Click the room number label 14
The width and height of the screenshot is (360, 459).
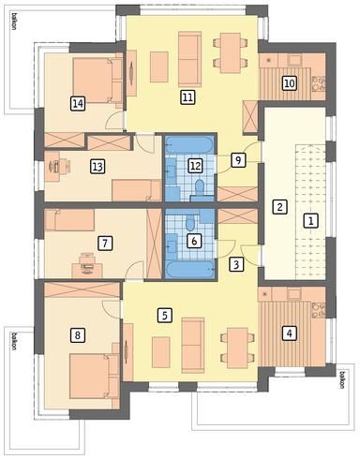tap(77, 104)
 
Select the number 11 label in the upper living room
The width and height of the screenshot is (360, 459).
tap(187, 96)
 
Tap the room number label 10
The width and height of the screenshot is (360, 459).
tap(290, 82)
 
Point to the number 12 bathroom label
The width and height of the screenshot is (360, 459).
tap(194, 166)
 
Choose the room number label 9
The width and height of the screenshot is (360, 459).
tap(239, 159)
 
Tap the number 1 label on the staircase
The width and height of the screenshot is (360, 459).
tap(310, 221)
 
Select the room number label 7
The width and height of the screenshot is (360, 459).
tap(105, 243)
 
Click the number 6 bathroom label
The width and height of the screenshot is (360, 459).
tap(193, 241)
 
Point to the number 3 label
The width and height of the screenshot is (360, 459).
tap(236, 263)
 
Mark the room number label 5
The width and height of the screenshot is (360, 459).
tap(165, 315)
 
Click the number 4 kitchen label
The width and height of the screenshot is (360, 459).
tap(290, 331)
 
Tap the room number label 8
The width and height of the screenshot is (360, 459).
tap(77, 333)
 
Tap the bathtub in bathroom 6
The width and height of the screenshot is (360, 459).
tap(191, 267)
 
